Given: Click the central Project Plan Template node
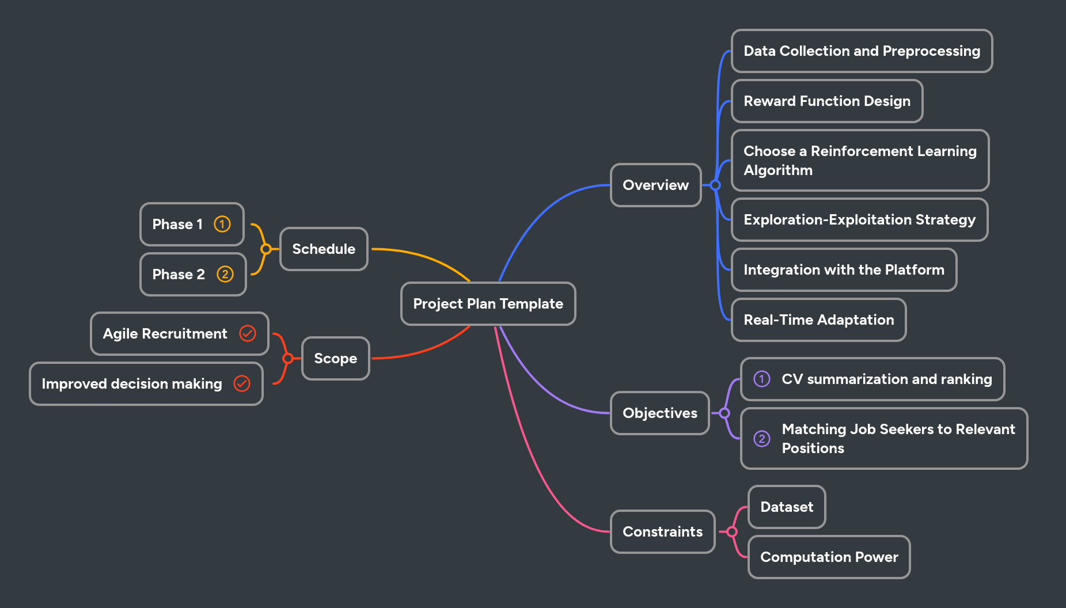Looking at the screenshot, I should [x=488, y=303].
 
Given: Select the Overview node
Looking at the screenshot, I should [x=655, y=185].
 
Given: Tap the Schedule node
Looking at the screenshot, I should [x=324, y=249].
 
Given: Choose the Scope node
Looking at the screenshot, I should [x=335, y=358].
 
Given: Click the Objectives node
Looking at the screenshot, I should [x=659, y=413].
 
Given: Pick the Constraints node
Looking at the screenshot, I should [x=662, y=531].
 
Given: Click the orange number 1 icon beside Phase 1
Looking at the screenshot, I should [x=222, y=224].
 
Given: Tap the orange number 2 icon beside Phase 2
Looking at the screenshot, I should [x=225, y=274].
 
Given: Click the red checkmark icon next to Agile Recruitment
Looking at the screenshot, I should [x=248, y=333].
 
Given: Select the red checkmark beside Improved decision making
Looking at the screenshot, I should [x=242, y=383].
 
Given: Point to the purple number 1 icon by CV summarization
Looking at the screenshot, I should [x=761, y=379].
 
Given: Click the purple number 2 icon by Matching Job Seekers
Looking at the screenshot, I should [x=761, y=439].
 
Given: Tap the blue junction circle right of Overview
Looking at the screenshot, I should [x=715, y=185].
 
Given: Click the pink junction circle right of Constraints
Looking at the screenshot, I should [x=732, y=531].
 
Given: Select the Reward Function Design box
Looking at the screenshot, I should [x=827, y=101].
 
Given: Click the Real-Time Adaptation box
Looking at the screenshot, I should [x=818, y=320].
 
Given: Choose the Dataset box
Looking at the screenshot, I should [x=787, y=507].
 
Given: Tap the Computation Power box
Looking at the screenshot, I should [x=829, y=557].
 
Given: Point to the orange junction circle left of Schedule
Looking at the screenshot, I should [x=265, y=249].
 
